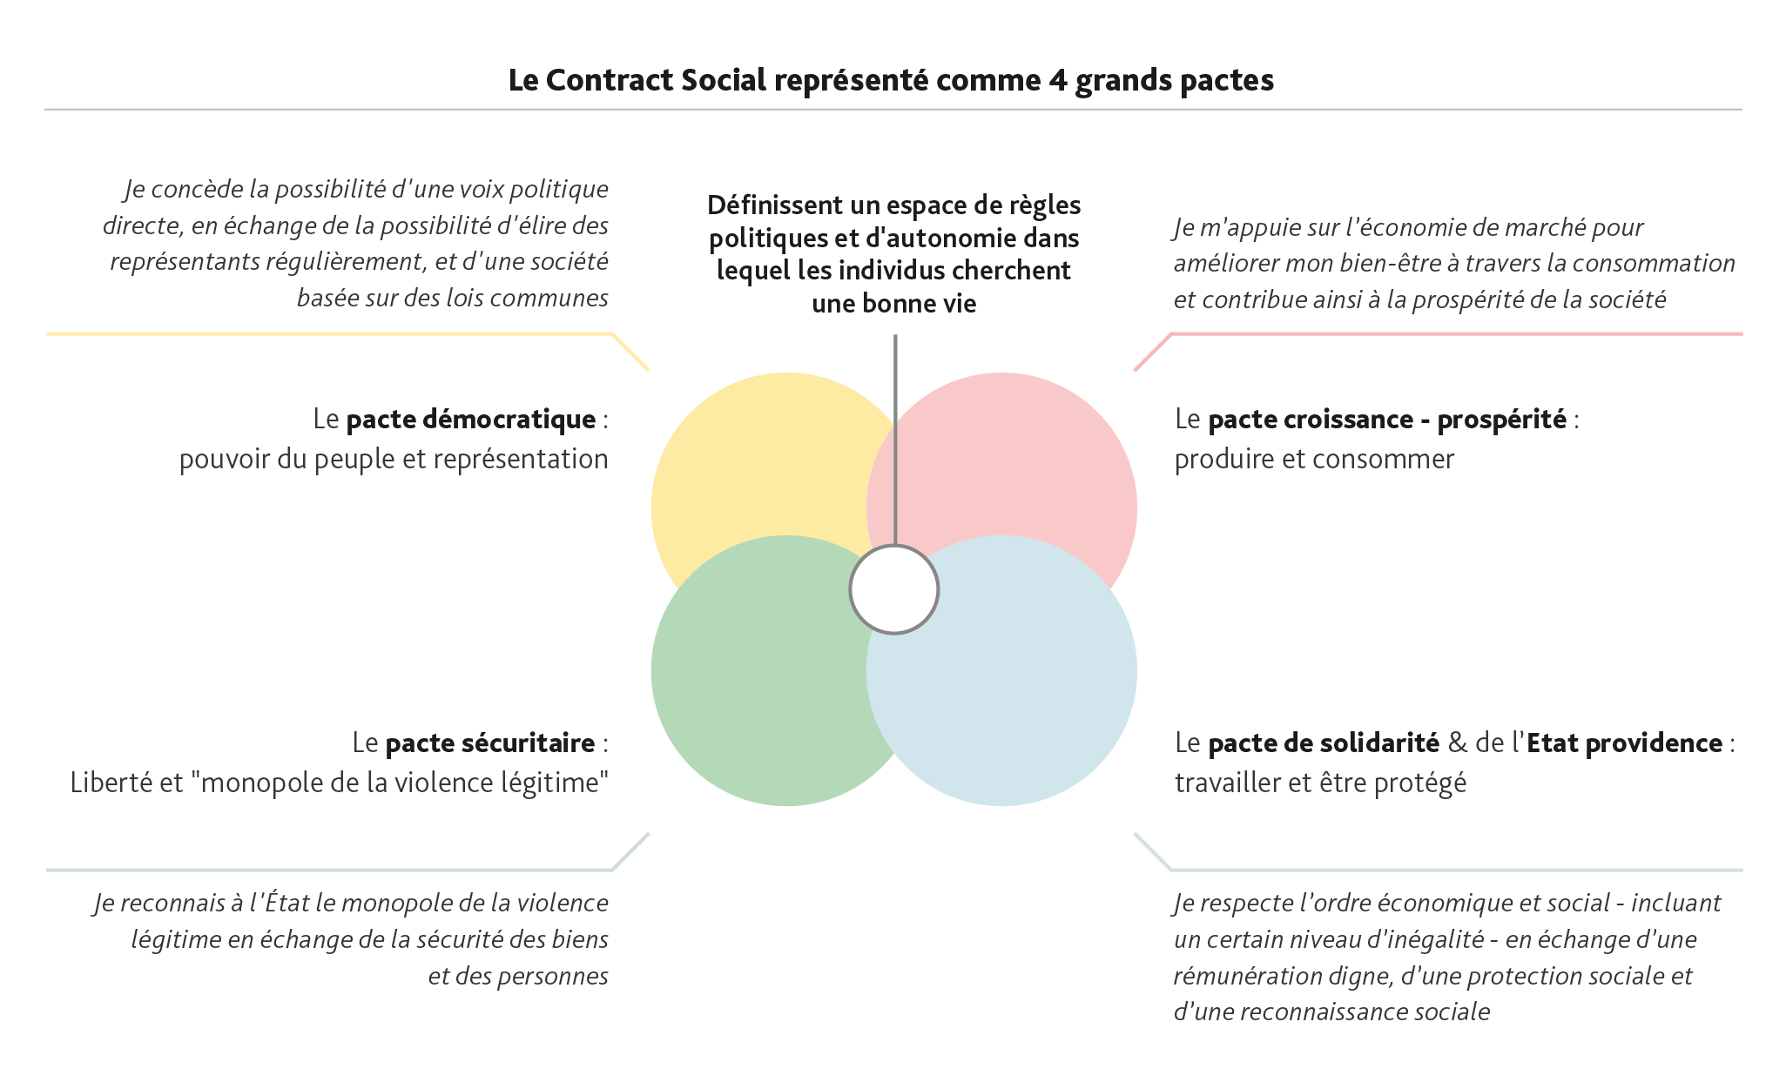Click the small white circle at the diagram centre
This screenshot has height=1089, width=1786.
[x=893, y=589]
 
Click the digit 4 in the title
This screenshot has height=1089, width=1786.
[x=1057, y=80]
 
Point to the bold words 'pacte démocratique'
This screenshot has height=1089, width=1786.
[x=471, y=420]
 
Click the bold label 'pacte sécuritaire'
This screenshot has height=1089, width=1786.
[x=490, y=743]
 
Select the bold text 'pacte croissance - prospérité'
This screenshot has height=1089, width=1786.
[x=1387, y=420]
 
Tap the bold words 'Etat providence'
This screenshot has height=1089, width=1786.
[x=1624, y=743]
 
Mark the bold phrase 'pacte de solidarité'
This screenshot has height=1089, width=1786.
[x=1324, y=743]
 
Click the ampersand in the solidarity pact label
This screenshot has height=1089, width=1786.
[x=1457, y=743]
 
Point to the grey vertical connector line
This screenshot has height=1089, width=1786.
[x=894, y=435]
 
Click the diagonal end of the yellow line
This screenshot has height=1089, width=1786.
[x=630, y=352]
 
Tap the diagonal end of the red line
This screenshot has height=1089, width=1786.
[x=1152, y=352]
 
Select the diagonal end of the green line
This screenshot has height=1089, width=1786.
[x=630, y=851]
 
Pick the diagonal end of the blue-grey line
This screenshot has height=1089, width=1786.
[x=1152, y=851]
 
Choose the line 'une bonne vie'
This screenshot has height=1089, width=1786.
[x=893, y=304]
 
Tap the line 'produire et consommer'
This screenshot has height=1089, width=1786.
[x=1314, y=460]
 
